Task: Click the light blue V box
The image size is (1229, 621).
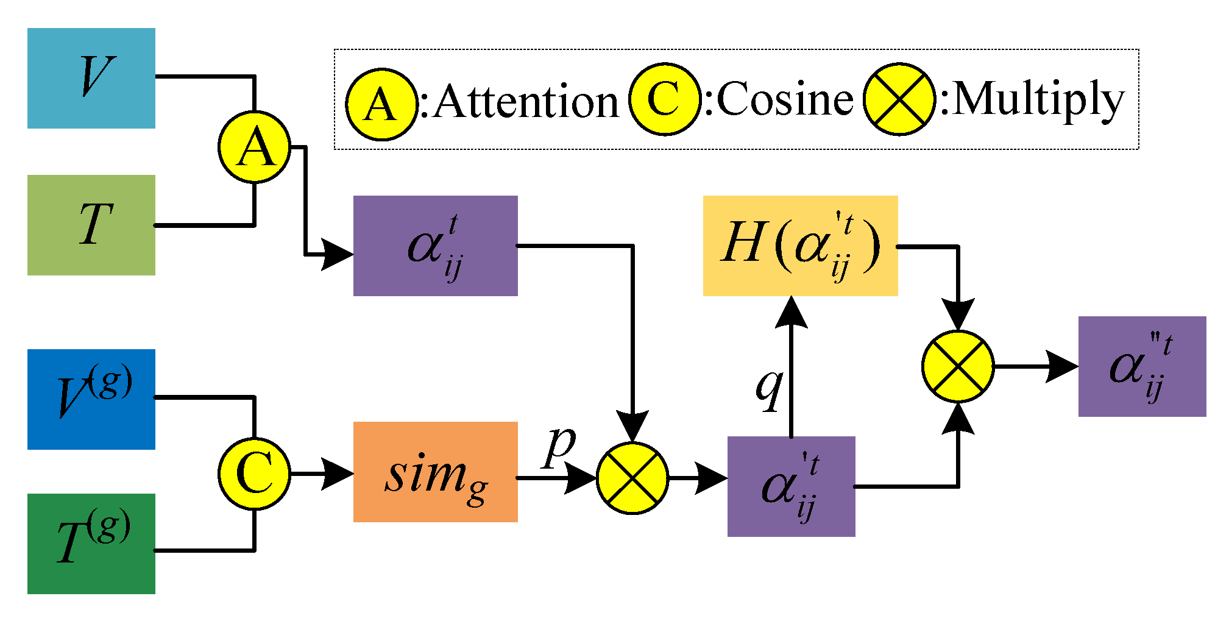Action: (x=91, y=78)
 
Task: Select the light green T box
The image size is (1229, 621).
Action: (x=91, y=225)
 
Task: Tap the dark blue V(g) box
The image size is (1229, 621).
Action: (x=91, y=399)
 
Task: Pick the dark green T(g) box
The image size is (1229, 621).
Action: (x=91, y=544)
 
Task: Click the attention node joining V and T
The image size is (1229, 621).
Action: (x=254, y=147)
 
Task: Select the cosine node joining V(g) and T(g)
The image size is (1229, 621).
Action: (x=254, y=474)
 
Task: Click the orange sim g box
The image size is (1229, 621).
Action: (x=435, y=472)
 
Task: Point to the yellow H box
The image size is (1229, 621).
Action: (x=800, y=246)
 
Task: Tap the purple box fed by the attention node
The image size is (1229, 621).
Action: (x=435, y=246)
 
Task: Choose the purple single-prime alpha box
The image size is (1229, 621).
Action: (x=791, y=486)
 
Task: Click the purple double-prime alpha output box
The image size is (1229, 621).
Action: (x=1142, y=366)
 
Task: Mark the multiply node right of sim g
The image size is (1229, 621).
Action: (x=632, y=478)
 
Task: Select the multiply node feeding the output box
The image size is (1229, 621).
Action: (x=958, y=366)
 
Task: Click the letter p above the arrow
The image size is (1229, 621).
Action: (x=560, y=446)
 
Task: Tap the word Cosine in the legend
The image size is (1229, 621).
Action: (x=785, y=99)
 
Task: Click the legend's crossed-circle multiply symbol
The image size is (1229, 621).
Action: (x=899, y=99)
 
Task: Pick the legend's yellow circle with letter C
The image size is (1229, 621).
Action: (x=664, y=99)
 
